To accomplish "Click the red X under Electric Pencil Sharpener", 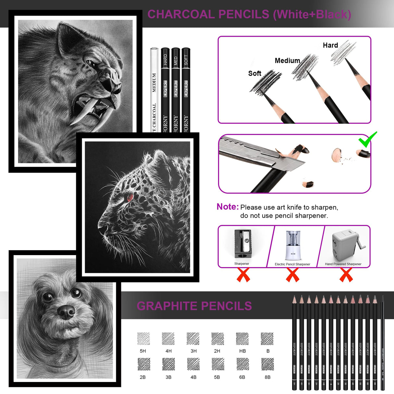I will [292, 275].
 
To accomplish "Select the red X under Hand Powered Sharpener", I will [346, 275].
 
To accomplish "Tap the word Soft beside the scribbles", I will [255, 73].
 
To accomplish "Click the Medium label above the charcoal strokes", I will [287, 61].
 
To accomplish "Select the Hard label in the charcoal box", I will [330, 45].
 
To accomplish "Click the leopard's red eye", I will [130, 197].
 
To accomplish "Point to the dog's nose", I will [66, 312].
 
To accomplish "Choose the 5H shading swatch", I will [143, 339].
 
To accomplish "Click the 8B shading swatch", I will [267, 364].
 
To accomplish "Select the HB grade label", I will [242, 351].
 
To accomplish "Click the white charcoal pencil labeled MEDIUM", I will [154, 91].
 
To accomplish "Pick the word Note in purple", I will [227, 207].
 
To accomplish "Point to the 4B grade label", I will [193, 377].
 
